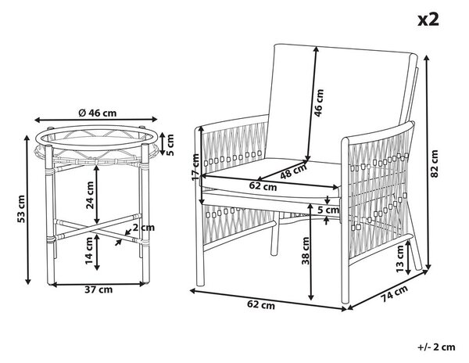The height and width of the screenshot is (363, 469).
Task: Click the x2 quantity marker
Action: pos(428,20)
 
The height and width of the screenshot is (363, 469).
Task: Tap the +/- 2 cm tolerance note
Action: pos(436,347)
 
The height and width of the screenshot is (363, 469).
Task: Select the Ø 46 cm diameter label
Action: pos(98,113)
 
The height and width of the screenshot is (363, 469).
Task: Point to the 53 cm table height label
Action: pos(21,209)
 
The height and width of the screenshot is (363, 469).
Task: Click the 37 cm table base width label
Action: pos(98,289)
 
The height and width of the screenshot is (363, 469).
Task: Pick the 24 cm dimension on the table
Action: pos(89,195)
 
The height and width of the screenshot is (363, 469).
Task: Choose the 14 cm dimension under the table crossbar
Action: pos(89,251)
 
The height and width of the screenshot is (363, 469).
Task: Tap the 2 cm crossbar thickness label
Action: pos(144,228)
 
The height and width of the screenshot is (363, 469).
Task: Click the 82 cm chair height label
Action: pos(435,164)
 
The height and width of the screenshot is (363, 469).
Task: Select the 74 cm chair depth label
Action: pos(395,294)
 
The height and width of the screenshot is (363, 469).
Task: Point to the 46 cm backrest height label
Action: pos(320,102)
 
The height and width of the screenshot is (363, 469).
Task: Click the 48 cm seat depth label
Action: pos(294,171)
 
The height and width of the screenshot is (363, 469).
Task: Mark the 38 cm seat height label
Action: pos(306,251)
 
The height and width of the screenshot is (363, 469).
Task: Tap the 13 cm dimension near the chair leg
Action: pos(400,259)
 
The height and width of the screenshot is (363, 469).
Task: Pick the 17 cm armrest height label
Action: pos(196,167)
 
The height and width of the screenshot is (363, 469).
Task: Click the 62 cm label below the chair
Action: pos(261,305)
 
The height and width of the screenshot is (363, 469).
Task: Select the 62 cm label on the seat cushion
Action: pos(263,186)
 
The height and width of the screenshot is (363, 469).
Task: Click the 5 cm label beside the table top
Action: pos(170,145)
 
